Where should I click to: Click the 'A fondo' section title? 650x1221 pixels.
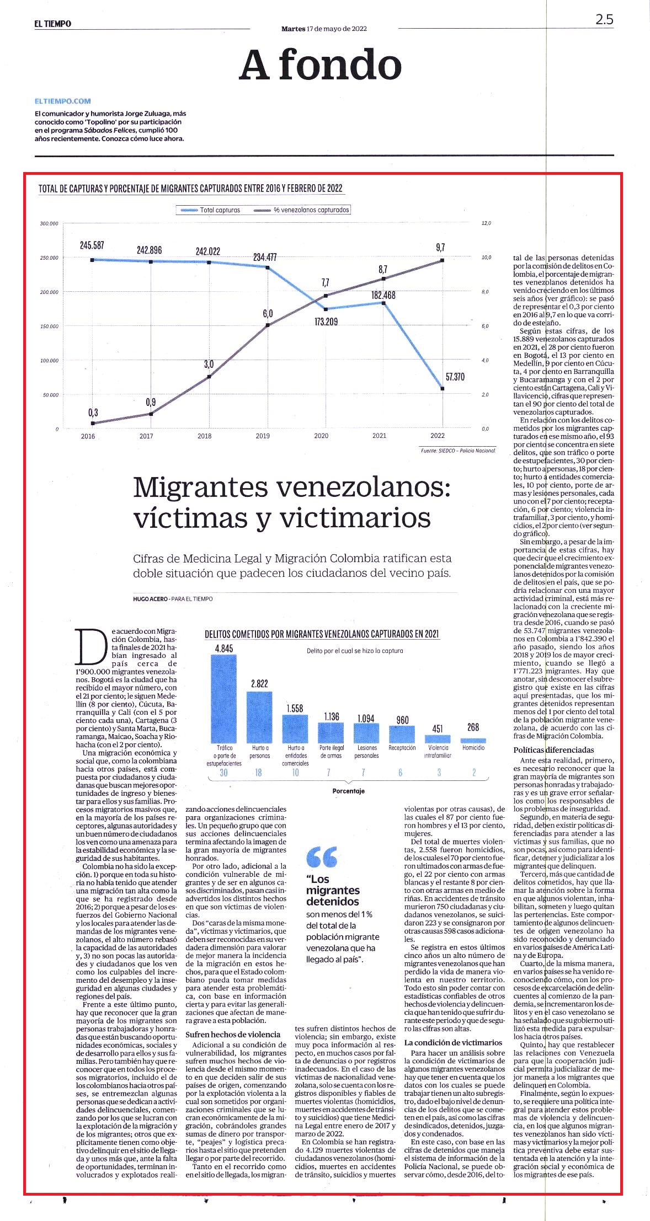(320, 65)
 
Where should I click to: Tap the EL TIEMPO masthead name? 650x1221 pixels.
(52, 24)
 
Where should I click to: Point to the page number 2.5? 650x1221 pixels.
(604, 19)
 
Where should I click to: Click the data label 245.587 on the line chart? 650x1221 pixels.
(92, 245)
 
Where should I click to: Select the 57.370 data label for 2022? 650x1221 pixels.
(455, 377)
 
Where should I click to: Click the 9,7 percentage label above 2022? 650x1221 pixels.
(440, 248)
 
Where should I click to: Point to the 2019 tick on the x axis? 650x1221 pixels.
(263, 436)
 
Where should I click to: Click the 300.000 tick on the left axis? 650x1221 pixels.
(49, 223)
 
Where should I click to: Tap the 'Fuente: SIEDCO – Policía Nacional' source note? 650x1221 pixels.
(458, 451)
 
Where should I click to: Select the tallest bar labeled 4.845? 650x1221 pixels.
(223, 698)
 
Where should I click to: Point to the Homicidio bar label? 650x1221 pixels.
(473, 748)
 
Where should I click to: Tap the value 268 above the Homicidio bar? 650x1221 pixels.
(473, 727)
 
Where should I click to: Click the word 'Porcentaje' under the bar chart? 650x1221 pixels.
(348, 791)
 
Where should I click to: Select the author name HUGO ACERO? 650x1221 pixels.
(150, 599)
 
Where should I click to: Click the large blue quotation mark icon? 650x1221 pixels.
(322, 857)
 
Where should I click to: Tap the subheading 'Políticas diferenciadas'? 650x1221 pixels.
(546, 750)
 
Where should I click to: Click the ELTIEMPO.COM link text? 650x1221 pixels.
(62, 101)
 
